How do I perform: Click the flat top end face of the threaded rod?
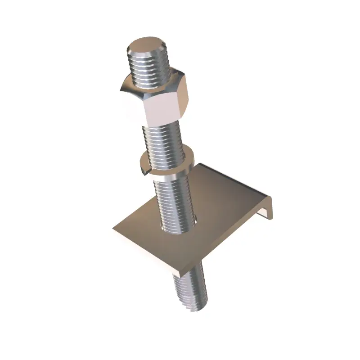(x=147, y=46)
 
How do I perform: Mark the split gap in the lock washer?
(x=145, y=167)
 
